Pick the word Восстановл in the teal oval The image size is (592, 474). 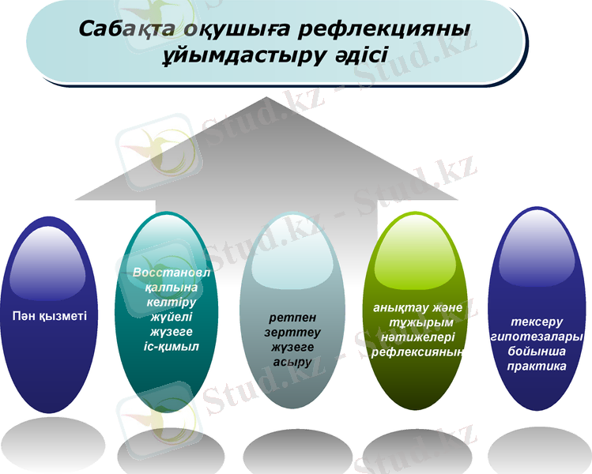tap(166, 271)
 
